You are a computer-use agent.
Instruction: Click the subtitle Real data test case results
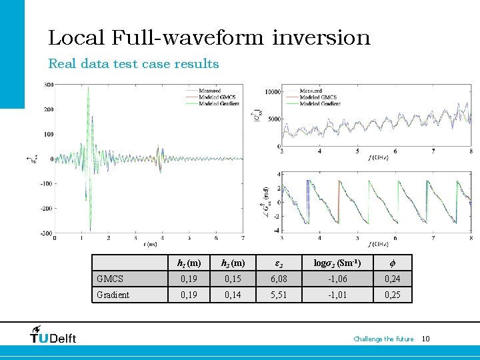(x=133, y=64)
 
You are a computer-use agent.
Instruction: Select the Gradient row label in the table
(x=113, y=295)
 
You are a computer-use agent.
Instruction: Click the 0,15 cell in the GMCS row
(x=233, y=278)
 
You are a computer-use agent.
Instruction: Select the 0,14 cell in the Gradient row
(x=233, y=295)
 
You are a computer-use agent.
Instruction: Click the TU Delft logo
(x=53, y=335)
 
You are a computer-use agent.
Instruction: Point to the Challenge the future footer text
(x=383, y=339)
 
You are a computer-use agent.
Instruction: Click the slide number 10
(x=426, y=339)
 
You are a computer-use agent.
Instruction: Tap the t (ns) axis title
(x=149, y=245)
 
